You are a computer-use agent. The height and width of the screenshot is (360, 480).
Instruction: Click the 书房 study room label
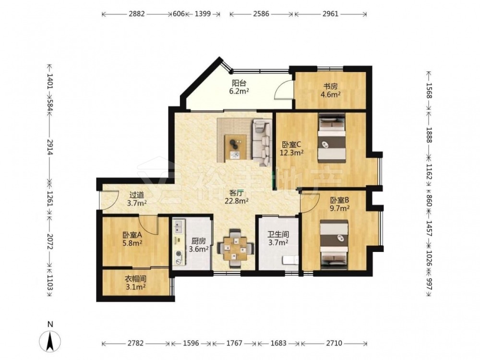(x=331, y=86)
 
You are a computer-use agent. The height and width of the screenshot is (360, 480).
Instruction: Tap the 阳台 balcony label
(x=239, y=83)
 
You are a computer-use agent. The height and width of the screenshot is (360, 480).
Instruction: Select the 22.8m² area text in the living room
(x=236, y=201)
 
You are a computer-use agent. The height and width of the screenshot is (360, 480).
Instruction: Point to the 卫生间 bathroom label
(x=278, y=235)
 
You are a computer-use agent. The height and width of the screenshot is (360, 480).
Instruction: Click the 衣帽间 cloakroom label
(x=135, y=279)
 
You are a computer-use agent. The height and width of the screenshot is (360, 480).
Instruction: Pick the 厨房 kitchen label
(x=199, y=241)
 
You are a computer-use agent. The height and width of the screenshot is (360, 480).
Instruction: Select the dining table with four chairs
(x=235, y=248)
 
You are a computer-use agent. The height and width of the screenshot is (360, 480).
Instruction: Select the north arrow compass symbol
(x=50, y=339)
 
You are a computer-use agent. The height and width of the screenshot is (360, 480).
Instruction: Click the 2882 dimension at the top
(x=136, y=14)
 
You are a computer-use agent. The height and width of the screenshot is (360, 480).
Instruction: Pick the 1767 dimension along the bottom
(x=234, y=343)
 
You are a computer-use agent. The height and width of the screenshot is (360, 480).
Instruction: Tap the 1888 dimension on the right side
(x=429, y=135)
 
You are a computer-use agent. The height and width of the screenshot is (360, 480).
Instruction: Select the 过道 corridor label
(x=136, y=195)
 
